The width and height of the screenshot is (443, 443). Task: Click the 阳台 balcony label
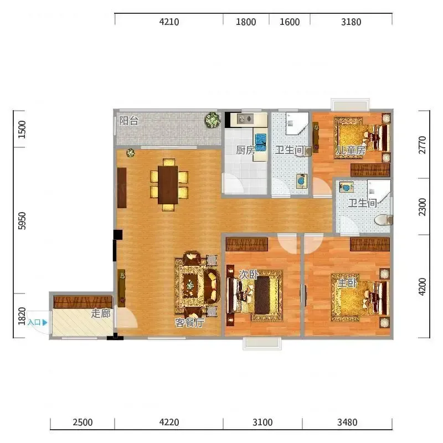click(x=128, y=121)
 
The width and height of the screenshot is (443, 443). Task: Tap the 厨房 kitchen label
click(x=245, y=150)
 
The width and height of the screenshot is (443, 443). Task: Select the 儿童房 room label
click(x=351, y=150)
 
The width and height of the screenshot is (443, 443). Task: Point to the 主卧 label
click(x=348, y=282)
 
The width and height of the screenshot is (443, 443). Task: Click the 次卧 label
click(x=249, y=274)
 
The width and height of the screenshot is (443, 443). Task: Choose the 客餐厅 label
click(x=189, y=322)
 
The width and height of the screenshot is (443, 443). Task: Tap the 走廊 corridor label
click(x=101, y=313)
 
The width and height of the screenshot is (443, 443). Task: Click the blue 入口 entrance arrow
click(x=45, y=322)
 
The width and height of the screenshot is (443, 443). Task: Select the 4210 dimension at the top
click(x=169, y=22)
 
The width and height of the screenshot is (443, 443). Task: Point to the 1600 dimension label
click(x=290, y=22)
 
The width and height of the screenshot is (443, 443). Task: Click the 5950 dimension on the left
click(x=22, y=221)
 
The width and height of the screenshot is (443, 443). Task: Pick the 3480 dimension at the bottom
click(x=347, y=423)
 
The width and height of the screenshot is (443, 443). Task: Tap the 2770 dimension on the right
click(x=422, y=145)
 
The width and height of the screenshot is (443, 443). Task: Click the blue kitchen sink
click(x=261, y=142)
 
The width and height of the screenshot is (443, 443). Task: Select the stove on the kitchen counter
click(x=245, y=119)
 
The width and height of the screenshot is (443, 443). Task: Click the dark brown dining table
click(x=168, y=185)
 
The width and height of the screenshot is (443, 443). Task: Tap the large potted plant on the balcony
click(x=213, y=120)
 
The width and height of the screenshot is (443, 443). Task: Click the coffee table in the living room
click(x=190, y=286)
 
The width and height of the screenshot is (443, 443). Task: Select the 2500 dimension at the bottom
click(x=83, y=423)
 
